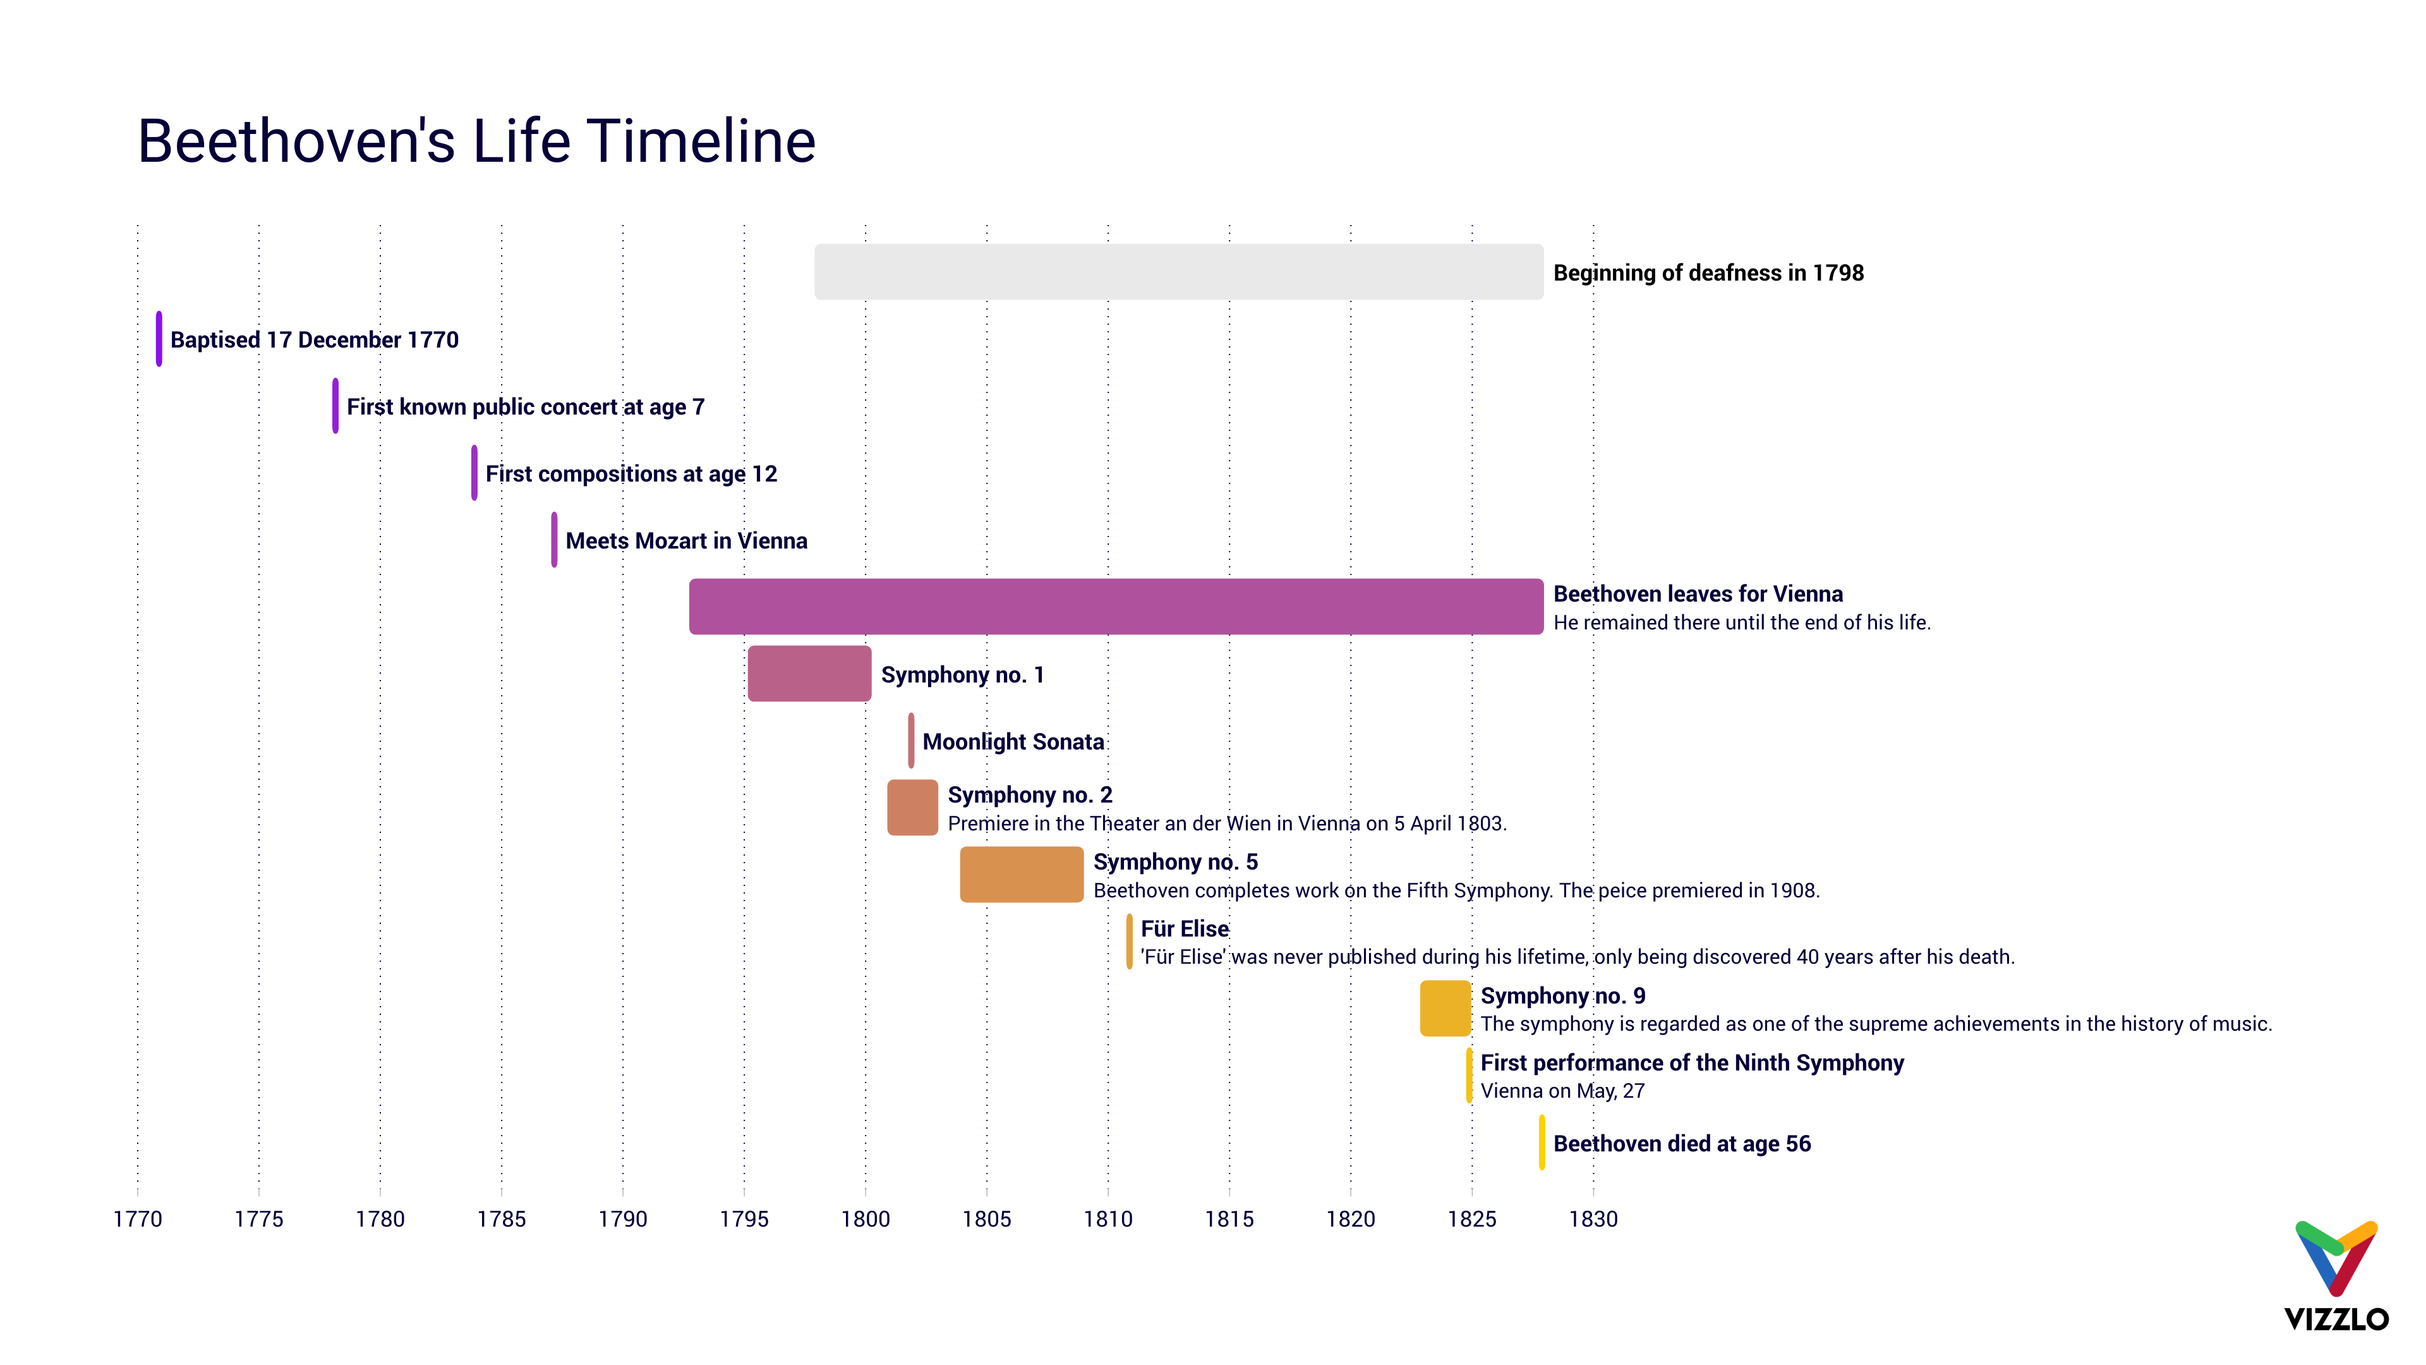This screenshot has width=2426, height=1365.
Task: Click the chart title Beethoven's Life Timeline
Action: click(x=476, y=142)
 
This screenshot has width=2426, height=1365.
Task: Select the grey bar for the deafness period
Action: click(x=1178, y=272)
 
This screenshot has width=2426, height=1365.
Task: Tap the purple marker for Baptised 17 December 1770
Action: click(x=159, y=339)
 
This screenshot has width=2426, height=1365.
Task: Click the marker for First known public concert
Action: click(x=335, y=406)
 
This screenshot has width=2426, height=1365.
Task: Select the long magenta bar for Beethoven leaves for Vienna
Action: click(x=1116, y=607)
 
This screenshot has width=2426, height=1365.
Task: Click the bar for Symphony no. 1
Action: click(x=809, y=674)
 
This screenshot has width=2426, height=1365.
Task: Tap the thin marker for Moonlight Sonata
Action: click(x=910, y=741)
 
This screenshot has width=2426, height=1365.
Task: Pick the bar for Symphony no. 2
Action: click(x=912, y=808)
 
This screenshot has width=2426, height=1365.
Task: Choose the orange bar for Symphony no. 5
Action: click(x=1021, y=874)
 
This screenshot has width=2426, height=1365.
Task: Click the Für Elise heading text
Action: click(x=1184, y=929)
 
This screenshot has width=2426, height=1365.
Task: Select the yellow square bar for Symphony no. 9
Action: click(x=1445, y=1008)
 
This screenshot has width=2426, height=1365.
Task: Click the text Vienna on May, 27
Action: click(x=1562, y=1091)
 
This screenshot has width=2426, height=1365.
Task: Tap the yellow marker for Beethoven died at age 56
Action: click(x=1542, y=1143)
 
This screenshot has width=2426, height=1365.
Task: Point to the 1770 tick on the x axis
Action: click(x=138, y=1219)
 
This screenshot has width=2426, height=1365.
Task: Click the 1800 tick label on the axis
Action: click(x=864, y=1219)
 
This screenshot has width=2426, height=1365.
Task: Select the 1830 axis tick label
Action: click(x=1593, y=1219)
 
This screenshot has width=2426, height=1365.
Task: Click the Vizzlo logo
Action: click(x=2336, y=1277)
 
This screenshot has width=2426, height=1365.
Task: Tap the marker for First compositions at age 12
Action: click(x=474, y=473)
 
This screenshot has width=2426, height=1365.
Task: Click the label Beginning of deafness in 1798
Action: click(x=1708, y=273)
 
